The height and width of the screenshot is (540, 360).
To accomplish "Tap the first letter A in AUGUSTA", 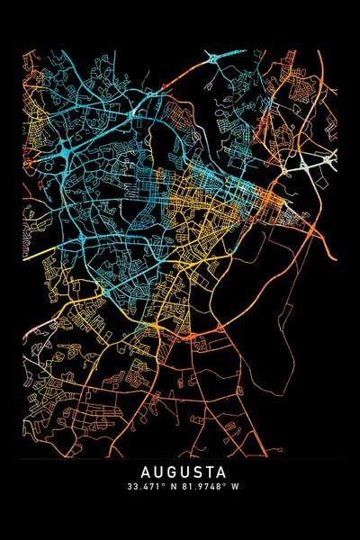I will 146,472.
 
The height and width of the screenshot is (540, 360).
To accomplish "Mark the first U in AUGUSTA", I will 157,472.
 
